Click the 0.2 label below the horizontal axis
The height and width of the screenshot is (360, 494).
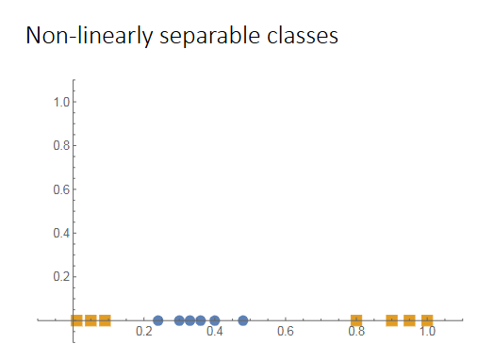coord(144,332)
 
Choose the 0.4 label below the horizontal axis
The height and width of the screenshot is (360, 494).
coord(215,332)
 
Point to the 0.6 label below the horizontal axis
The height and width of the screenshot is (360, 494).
coord(286,332)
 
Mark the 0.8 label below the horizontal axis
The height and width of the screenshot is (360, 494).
coord(356,332)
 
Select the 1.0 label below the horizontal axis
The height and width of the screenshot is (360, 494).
coord(427,332)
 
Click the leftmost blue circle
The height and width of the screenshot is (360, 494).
coord(158,320)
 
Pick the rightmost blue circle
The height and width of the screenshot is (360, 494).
coord(243,320)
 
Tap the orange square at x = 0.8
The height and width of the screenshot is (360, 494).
coord(356,320)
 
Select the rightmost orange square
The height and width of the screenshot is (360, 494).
coord(427,320)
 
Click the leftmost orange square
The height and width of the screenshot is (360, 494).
coord(76,320)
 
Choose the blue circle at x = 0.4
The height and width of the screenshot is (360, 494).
coord(215,320)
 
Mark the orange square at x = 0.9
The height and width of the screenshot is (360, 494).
coord(392,320)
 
